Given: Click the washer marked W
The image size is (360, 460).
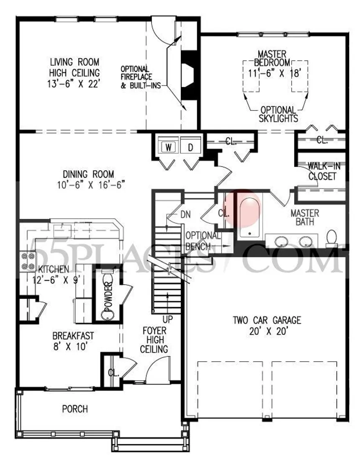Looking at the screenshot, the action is point(168,146).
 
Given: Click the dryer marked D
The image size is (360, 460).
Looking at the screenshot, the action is point(191,146).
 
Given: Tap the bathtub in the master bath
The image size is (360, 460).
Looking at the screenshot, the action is point(249,217).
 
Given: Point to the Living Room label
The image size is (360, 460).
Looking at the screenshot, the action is point(75,62).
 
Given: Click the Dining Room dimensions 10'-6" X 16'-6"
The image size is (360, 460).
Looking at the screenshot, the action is point(91,185).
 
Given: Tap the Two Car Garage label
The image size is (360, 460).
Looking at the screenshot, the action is point(267,320).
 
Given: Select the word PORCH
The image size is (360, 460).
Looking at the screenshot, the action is point(75,409).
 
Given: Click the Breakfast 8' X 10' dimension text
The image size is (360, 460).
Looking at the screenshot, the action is point(71,347).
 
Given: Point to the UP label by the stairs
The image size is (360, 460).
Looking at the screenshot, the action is point(167,319).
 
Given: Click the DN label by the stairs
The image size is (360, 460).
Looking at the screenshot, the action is point(185,214).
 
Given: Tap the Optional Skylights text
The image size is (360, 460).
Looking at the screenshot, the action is point(278,114).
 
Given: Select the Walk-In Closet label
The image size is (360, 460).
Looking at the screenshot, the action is point(323,171).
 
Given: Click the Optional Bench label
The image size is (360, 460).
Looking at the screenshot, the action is point(203,241).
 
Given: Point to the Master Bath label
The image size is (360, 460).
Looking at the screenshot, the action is point(305,217).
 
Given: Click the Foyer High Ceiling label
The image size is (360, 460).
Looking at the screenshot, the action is point(154,340).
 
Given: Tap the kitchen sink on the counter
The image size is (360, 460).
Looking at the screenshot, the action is point(62,230).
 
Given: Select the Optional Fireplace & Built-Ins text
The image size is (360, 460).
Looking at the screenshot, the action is point(141,77).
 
